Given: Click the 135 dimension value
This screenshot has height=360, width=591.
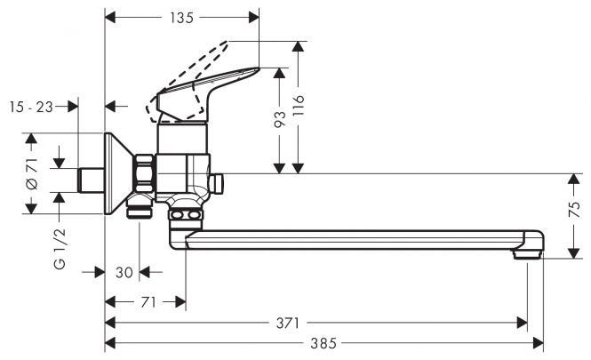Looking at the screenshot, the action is pyautogui.click(x=181, y=18).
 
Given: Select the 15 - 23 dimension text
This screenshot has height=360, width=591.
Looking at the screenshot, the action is pyautogui.click(x=31, y=107).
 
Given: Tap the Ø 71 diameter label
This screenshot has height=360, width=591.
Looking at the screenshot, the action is pyautogui.click(x=32, y=173).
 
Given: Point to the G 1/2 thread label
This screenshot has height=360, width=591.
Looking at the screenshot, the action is pyautogui.click(x=60, y=248).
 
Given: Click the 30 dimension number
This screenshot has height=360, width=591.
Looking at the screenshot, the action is pyautogui.click(x=124, y=272).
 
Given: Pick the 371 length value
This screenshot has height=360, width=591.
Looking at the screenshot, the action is pyautogui.click(x=288, y=323).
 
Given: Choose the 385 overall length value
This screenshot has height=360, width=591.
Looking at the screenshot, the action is pyautogui.click(x=323, y=343).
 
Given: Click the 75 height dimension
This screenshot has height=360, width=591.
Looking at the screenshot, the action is pyautogui.click(x=574, y=210).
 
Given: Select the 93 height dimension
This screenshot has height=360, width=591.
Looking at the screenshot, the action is pyautogui.click(x=280, y=119).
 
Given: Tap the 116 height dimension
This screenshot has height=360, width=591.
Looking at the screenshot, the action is pyautogui.click(x=299, y=105).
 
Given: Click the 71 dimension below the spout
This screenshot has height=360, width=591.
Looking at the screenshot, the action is pyautogui.click(x=148, y=302).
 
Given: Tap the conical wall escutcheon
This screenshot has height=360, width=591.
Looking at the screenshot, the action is pyautogui.click(x=118, y=173).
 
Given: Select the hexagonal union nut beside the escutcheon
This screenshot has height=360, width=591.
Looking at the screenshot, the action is pyautogui.click(x=145, y=173).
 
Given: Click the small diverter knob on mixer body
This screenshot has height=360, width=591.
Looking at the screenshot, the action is pyautogui.click(x=217, y=184).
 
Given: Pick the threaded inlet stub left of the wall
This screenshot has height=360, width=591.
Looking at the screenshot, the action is pyautogui.click(x=91, y=180).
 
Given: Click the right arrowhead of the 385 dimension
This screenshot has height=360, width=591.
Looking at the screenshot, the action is pyautogui.click(x=539, y=343).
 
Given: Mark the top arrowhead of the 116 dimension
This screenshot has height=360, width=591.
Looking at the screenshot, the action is pyautogui.click(x=298, y=46).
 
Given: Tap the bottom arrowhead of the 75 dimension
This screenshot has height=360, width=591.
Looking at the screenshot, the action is pyautogui.click(x=573, y=253).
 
